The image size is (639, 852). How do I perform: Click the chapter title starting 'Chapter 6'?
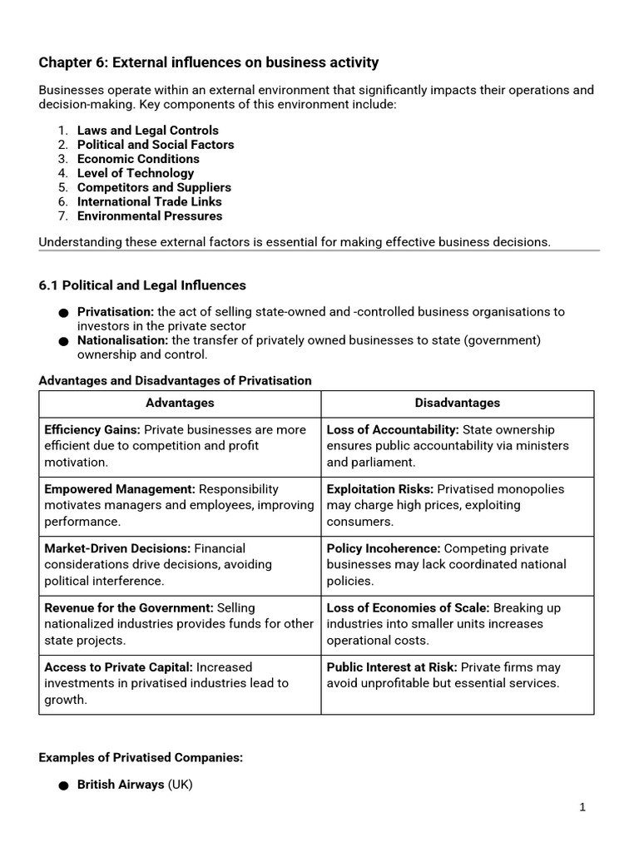point(209,62)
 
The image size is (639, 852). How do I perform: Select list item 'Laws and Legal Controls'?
point(147,131)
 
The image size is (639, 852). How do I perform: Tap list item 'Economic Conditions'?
point(138,159)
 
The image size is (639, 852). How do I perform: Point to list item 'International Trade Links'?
point(149,201)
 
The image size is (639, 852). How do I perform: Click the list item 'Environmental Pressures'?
point(150,215)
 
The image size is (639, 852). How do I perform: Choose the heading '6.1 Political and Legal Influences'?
point(142,285)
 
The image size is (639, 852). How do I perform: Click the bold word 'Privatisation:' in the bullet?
point(116,312)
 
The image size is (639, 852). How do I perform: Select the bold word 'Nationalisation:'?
point(122,340)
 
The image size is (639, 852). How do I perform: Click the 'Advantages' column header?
point(180,403)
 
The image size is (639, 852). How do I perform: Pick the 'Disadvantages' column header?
point(458,403)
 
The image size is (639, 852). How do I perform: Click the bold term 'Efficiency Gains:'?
point(92,430)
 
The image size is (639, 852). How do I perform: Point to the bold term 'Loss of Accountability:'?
point(392,430)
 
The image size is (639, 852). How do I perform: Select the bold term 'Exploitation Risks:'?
point(379,489)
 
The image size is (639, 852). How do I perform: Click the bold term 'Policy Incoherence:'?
point(384,548)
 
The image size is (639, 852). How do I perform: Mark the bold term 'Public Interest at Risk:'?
point(391,667)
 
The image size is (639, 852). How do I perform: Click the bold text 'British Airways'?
point(121,785)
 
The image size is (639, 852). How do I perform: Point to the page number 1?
point(582,807)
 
